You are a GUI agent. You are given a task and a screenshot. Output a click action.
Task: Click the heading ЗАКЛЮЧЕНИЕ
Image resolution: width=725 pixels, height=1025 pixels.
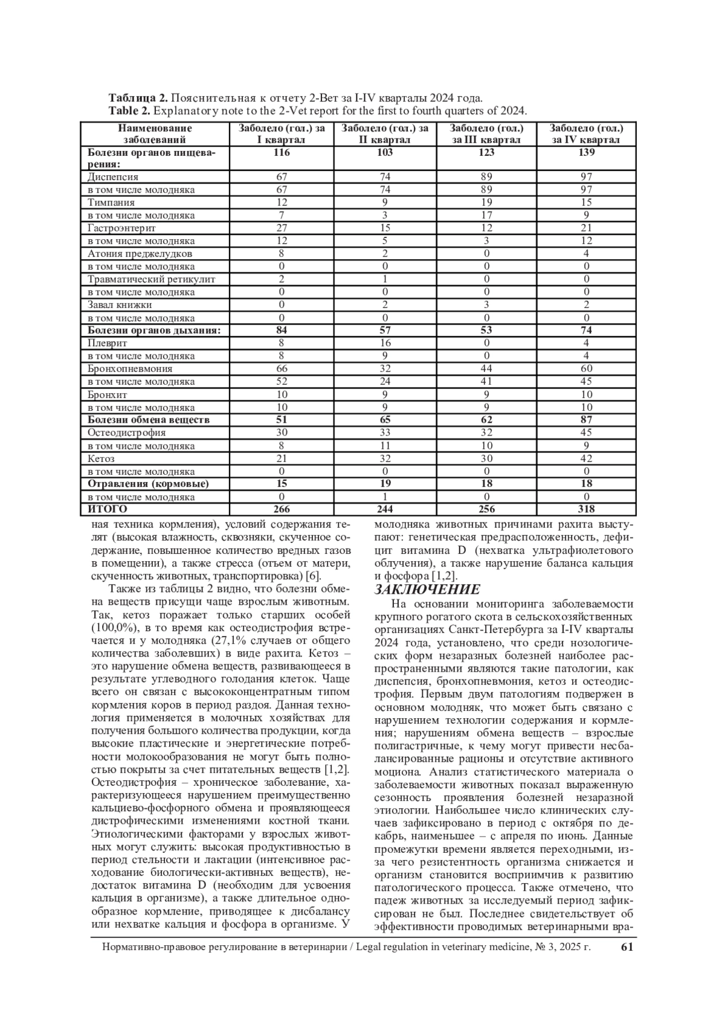click(x=428, y=590)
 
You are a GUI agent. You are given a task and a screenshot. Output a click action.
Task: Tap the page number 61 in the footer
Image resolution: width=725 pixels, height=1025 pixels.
click(x=627, y=947)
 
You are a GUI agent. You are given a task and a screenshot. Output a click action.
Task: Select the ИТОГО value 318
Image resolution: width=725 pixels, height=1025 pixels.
click(x=585, y=509)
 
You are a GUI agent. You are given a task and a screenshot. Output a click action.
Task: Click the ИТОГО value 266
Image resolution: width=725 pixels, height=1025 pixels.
click(x=282, y=509)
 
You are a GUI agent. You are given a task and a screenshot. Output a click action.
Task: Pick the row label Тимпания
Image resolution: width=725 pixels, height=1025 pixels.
click(x=111, y=202)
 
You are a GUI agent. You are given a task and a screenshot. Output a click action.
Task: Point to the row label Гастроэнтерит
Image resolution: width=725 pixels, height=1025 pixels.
click(x=121, y=228)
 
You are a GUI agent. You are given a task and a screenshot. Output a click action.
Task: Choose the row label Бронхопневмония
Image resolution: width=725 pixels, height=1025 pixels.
click(x=130, y=368)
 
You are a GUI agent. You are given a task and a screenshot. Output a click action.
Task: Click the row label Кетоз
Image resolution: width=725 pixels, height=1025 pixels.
click(x=101, y=458)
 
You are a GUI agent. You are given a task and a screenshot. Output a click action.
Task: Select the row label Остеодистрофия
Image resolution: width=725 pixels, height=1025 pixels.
click(x=126, y=432)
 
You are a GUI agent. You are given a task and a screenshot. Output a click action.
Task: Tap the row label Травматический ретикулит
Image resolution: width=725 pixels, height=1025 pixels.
click(x=151, y=279)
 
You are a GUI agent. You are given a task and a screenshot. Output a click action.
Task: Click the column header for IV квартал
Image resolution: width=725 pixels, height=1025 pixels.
click(x=585, y=134)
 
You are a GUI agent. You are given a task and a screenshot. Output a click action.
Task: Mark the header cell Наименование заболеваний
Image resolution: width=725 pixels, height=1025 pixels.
click(x=155, y=134)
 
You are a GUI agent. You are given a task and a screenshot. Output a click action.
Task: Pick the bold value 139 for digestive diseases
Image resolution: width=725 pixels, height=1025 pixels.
click(x=585, y=153)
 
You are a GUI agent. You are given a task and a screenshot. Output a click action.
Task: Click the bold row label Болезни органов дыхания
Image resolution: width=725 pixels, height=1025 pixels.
click(x=154, y=330)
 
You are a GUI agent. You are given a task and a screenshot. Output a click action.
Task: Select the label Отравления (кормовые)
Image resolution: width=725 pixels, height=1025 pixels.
click(x=148, y=484)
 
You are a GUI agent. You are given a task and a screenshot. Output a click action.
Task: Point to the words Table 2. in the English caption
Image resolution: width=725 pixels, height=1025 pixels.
click(x=129, y=111)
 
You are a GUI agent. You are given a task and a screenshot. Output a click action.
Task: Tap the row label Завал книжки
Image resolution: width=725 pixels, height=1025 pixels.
click(x=120, y=305)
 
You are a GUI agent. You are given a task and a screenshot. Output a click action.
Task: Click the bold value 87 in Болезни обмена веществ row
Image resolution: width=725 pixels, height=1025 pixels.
click(x=585, y=420)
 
